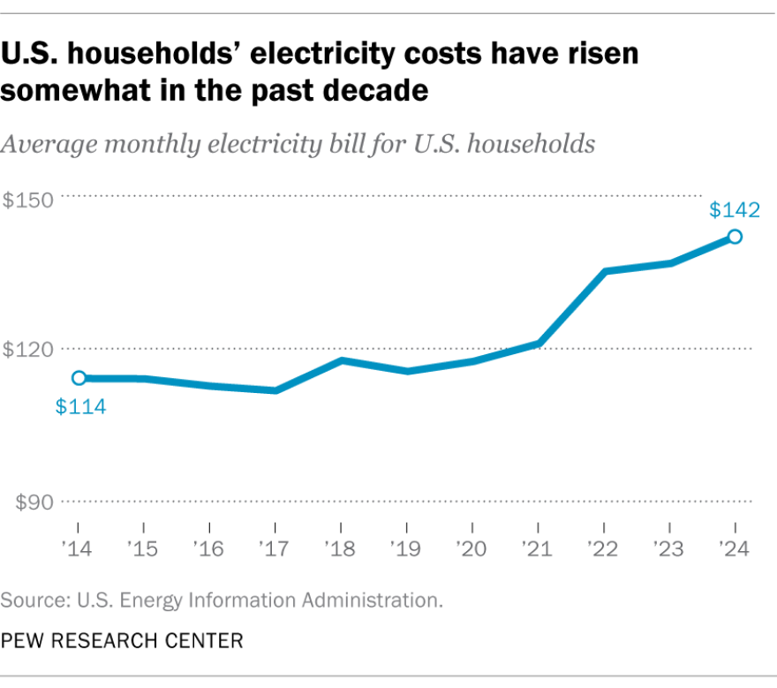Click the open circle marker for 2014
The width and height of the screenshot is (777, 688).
tap(79, 378)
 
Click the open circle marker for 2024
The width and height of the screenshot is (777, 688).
tap(734, 237)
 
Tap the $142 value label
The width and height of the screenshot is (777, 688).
tap(735, 210)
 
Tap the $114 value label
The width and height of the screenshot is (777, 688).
tap(80, 407)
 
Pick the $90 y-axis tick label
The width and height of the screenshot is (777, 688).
tap(34, 503)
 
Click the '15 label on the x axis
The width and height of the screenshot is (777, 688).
tap(142, 549)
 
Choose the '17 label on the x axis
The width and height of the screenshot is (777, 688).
tap(274, 549)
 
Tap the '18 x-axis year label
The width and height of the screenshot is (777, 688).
tap(339, 549)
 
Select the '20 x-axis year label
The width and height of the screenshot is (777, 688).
tap(471, 549)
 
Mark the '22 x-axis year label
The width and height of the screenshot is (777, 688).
tap(602, 549)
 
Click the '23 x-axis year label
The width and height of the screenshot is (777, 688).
tap(668, 549)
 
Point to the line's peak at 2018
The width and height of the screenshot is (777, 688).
tap(341, 360)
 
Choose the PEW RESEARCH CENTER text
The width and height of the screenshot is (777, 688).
tap(122, 640)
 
